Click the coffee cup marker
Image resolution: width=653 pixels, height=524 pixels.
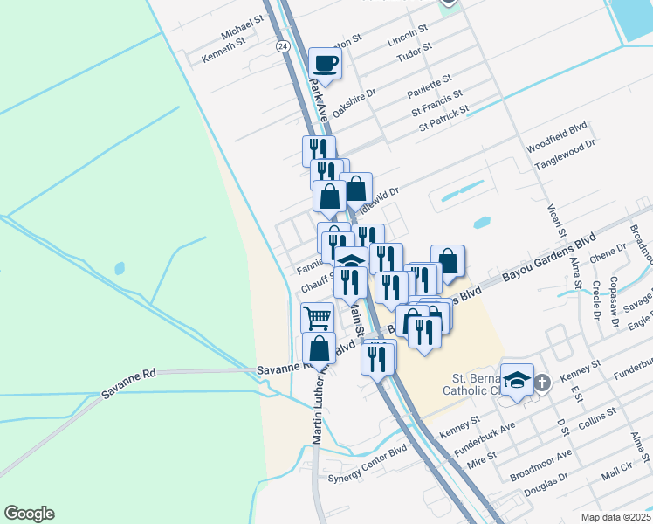tap(325, 64)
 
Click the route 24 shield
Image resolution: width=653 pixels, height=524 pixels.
tap(282, 45)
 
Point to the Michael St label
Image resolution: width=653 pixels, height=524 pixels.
tap(243, 28)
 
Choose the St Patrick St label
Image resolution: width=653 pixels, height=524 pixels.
tap(443, 118)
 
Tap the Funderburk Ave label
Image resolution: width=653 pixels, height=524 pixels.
tap(484, 437)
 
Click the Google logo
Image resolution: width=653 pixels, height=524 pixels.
tap(29, 514)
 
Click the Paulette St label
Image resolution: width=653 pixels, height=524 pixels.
tap(429, 86)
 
